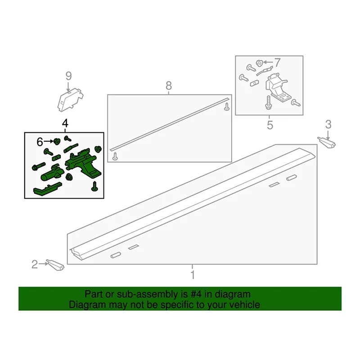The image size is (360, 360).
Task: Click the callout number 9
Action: (x=69, y=76)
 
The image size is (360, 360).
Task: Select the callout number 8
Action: (x=168, y=86)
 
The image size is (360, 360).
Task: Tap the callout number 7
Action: (x=277, y=63)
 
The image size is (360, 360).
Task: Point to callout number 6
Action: (x=40, y=142)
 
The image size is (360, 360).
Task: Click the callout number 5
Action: (x=270, y=125)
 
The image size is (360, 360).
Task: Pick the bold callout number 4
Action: (x=65, y=123)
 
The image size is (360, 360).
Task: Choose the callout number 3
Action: (x=328, y=124)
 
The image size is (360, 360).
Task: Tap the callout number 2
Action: (x=35, y=264)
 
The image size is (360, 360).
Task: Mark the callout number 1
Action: (x=193, y=275)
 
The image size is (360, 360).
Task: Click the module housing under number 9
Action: (x=70, y=100)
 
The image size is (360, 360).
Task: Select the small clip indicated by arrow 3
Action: (x=327, y=143)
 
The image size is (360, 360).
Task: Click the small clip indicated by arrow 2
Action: (x=55, y=265)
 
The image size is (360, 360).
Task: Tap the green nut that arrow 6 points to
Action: (x=57, y=142)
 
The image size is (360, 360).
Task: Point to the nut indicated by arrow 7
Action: (x=260, y=63)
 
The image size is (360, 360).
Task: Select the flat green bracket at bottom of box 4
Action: (x=48, y=189)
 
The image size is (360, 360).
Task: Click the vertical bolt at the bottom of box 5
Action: (x=268, y=103)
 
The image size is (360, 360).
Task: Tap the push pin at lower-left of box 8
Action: (x=115, y=156)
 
